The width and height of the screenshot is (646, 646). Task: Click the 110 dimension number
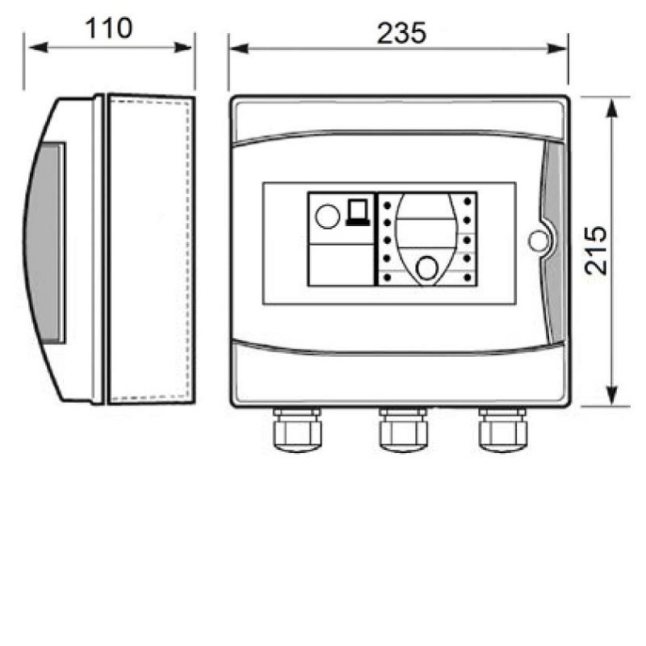pyautogui.click(x=109, y=28)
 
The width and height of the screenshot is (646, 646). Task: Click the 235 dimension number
pyautogui.click(x=401, y=33)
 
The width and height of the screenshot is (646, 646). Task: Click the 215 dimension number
pyautogui.click(x=596, y=250)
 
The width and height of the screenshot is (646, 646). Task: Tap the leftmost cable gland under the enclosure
pyautogui.click(x=297, y=430)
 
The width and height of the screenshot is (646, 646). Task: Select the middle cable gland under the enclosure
pyautogui.click(x=403, y=430)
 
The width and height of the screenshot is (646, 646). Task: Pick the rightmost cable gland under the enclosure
pyautogui.click(x=502, y=430)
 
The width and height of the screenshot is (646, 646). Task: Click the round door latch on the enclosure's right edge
pyautogui.click(x=539, y=241)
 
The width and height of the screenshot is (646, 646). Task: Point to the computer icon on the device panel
pyautogui.click(x=357, y=212)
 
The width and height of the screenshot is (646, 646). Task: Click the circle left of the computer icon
pyautogui.click(x=328, y=216)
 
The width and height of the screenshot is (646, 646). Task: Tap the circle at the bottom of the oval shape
pyautogui.click(x=427, y=268)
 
